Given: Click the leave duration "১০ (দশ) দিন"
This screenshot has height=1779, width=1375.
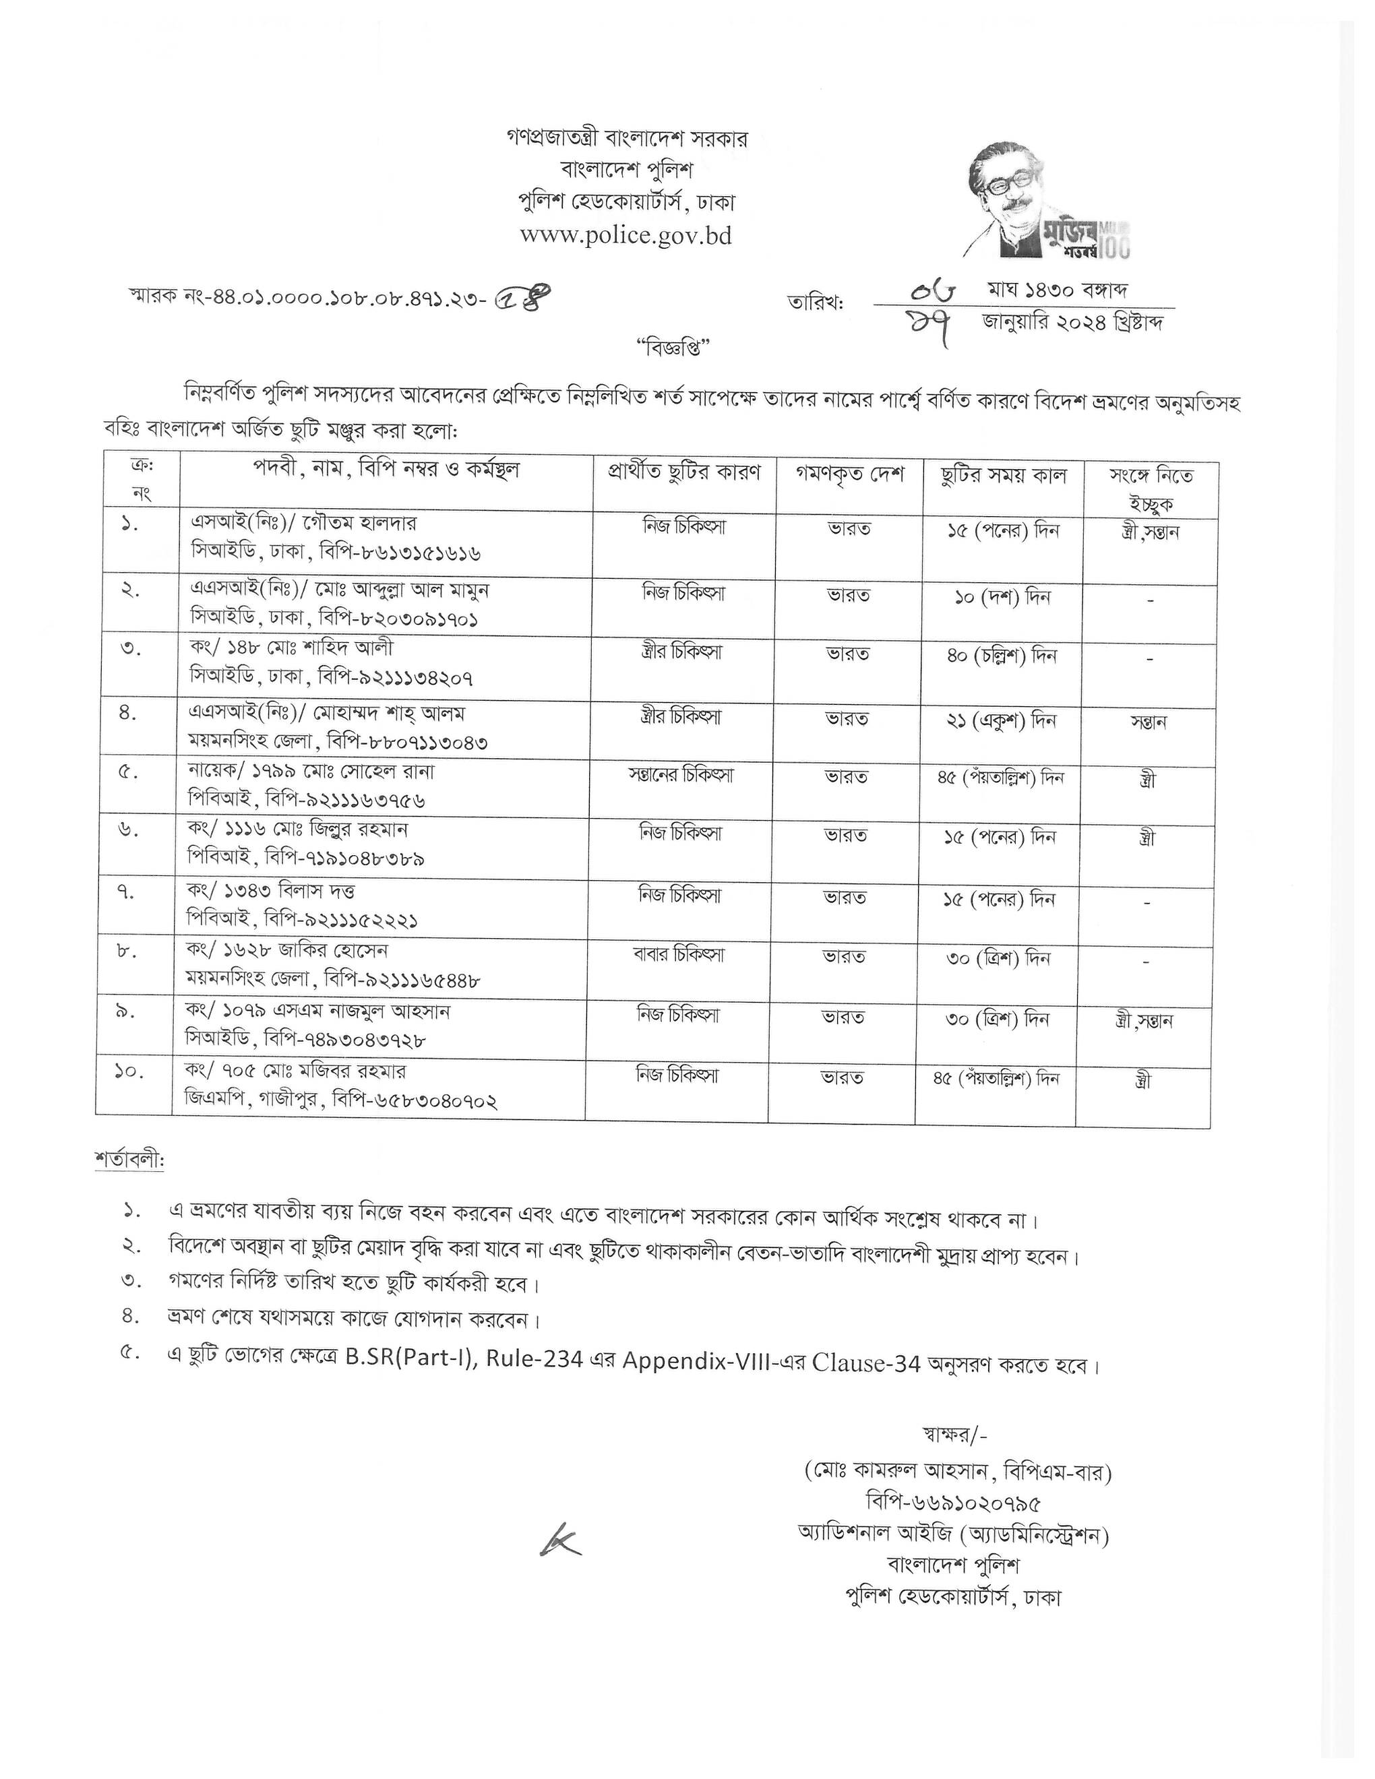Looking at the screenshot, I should click(x=1002, y=597).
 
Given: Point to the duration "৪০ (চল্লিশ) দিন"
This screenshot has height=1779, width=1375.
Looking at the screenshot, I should click(x=1001, y=656).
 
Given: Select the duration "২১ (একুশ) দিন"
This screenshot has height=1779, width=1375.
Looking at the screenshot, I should click(x=1001, y=722).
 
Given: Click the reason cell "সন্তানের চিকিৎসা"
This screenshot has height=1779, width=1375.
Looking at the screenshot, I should click(x=681, y=776).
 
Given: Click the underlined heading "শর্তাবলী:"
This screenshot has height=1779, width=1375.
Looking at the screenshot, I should click(x=129, y=1161).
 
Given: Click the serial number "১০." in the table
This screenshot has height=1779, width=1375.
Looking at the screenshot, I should click(x=130, y=1072).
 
